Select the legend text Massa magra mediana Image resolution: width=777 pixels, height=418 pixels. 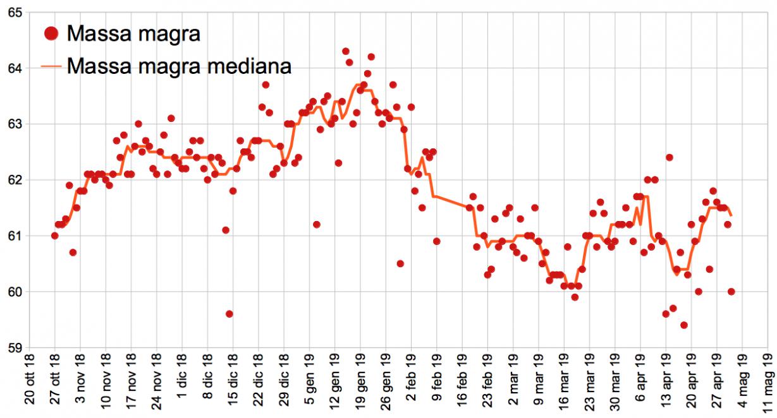coord(179,66)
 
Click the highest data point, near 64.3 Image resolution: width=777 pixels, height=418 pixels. coord(346,51)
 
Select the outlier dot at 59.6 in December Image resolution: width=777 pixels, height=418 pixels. coord(229,314)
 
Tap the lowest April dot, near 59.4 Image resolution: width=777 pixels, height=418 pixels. coord(684,325)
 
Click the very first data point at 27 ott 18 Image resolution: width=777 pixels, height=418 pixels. coord(55,236)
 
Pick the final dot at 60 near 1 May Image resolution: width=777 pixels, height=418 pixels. coord(731,292)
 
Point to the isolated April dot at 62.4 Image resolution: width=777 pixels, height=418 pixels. coord(669,157)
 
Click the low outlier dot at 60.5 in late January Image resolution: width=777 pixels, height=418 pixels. coord(400,263)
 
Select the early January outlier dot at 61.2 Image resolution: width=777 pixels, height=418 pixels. coord(317,224)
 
